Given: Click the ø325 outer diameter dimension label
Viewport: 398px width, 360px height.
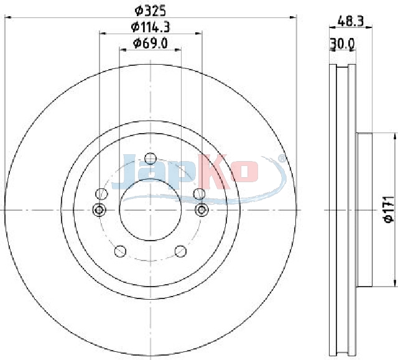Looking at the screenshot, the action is (150, 11).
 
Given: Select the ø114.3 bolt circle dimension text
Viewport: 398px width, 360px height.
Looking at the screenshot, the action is (150, 27).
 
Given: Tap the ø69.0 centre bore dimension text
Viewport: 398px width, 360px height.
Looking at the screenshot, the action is (150, 44).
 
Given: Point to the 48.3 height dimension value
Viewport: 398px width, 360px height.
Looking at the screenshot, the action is (351, 21).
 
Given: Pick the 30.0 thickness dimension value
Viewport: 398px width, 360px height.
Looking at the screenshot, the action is (342, 44).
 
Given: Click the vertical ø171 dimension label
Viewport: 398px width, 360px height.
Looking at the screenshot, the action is (389, 210).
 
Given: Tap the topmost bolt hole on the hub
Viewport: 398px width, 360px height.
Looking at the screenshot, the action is (150, 159).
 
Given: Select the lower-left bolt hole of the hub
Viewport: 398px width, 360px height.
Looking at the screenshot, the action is (120, 251).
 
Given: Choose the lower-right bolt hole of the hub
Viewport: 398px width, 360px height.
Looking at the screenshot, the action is (180, 251).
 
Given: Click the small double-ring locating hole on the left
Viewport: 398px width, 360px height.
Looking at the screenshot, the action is (99, 210).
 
